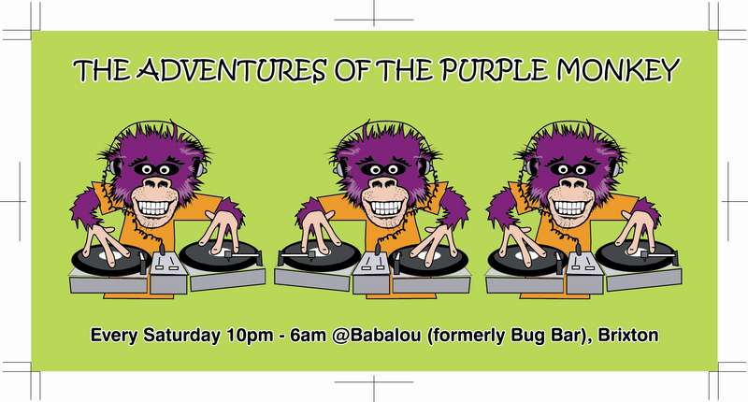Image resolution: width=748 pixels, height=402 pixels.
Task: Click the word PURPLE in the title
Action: [494, 70]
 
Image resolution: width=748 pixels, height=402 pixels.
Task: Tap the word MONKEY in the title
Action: [617, 70]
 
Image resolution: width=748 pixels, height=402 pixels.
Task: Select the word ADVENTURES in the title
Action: [232, 70]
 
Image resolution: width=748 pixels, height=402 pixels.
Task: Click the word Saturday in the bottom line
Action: [181, 336]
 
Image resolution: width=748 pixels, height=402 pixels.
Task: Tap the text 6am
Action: [308, 336]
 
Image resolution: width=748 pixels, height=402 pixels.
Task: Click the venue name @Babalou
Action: [377, 336]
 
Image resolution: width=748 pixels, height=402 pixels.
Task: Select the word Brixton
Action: [627, 335]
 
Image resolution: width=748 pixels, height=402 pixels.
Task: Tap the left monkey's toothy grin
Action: [153, 207]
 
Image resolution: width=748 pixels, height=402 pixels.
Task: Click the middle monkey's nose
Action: [384, 183]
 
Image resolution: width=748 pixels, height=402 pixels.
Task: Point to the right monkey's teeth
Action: [570, 207]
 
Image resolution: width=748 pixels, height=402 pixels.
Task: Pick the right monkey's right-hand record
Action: [636, 255]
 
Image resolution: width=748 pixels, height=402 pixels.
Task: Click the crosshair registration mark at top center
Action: [374, 19]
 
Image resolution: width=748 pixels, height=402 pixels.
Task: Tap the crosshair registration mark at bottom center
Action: [374, 382]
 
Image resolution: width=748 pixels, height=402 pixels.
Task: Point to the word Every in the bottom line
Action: [114, 336]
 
